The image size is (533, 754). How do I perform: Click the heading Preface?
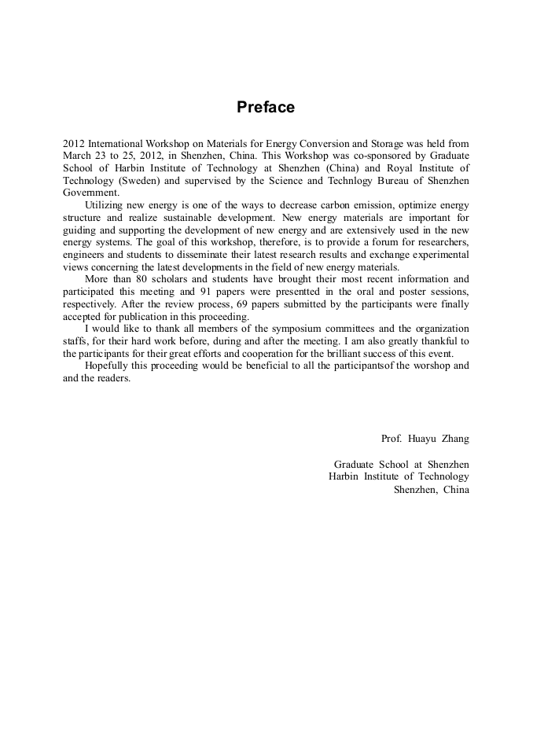click(266, 108)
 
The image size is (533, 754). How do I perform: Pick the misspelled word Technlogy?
click(358, 180)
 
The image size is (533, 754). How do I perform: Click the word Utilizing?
click(105, 204)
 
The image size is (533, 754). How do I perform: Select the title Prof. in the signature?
click(391, 439)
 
